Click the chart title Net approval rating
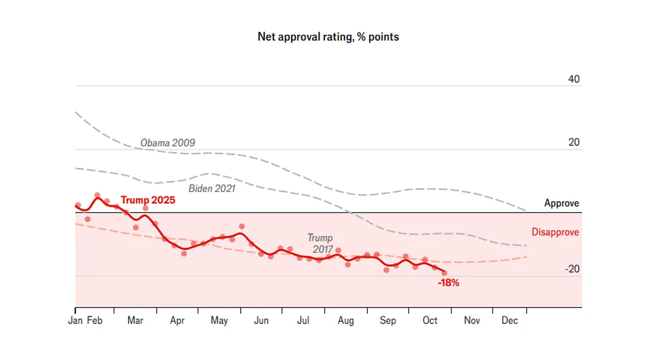[328, 37]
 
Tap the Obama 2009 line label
[167, 143]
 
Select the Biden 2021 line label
[212, 189]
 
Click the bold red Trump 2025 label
[148, 200]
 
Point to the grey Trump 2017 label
[320, 243]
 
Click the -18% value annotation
[448, 283]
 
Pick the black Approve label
[561, 204]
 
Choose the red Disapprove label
[555, 232]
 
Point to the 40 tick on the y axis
[573, 79]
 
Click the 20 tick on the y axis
[573, 143]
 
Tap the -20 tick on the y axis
[572, 269]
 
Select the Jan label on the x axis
[75, 321]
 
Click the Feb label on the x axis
[95, 321]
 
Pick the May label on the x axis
[219, 321]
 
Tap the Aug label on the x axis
[346, 321]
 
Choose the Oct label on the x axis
[430, 321]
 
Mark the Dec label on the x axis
[509, 321]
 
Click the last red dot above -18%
[444, 273]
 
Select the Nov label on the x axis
[472, 321]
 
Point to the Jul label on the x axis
[303, 321]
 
